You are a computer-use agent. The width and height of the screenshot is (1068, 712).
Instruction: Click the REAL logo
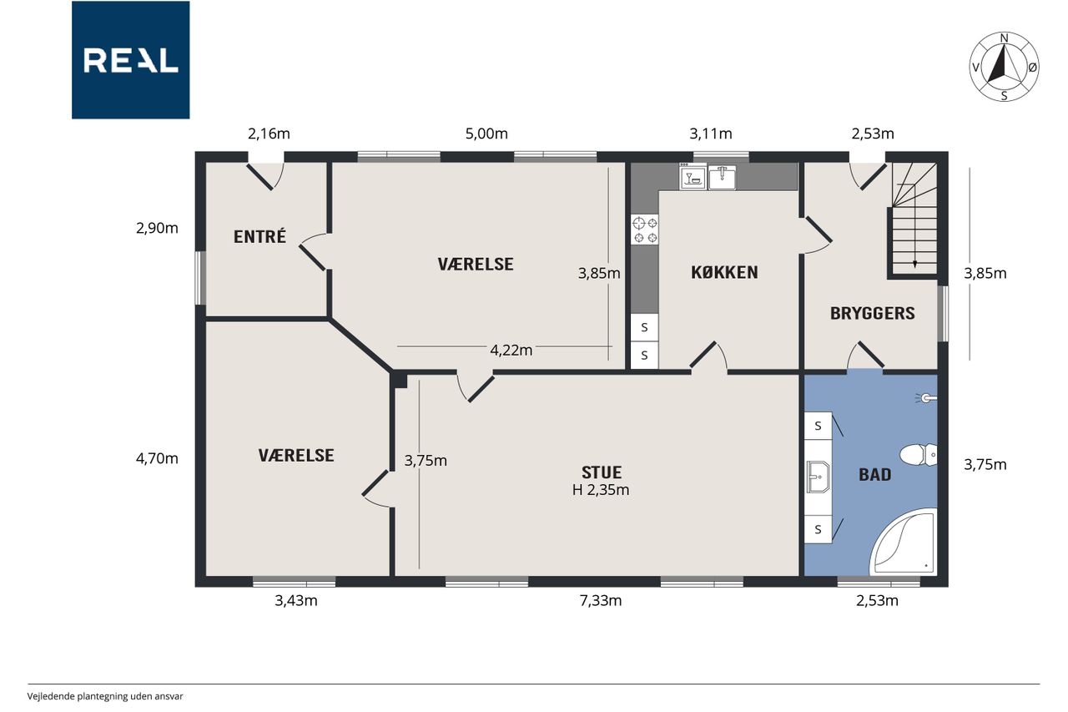(131, 60)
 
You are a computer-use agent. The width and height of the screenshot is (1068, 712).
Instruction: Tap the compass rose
(1004, 67)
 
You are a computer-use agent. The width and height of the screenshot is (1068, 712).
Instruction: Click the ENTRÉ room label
(259, 236)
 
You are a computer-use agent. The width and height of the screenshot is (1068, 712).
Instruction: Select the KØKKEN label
(724, 272)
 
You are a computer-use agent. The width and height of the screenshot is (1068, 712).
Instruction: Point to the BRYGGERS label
(873, 313)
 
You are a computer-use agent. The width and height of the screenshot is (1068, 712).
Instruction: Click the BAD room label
(875, 474)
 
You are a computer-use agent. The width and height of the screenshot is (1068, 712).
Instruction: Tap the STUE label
(602, 472)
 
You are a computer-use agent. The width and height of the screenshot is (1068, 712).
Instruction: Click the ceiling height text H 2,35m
(601, 490)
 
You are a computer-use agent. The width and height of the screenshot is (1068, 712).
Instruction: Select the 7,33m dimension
(601, 600)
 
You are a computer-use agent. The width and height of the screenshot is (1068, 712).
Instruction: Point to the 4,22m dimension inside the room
(511, 350)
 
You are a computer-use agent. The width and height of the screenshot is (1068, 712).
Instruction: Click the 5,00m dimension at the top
(486, 134)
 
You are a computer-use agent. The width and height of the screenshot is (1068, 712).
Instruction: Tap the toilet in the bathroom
(919, 454)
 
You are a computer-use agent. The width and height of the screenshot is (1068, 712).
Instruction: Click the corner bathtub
(904, 543)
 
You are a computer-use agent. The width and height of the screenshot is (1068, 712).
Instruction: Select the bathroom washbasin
(819, 477)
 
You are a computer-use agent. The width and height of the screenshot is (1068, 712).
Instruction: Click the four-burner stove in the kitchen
(645, 230)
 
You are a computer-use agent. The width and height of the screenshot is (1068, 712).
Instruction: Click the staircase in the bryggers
(914, 219)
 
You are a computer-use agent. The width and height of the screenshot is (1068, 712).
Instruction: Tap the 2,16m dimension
(269, 134)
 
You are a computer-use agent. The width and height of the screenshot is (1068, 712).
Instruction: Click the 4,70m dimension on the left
(157, 458)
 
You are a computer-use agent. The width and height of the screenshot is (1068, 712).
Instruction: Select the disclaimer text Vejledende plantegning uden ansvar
(105, 696)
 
